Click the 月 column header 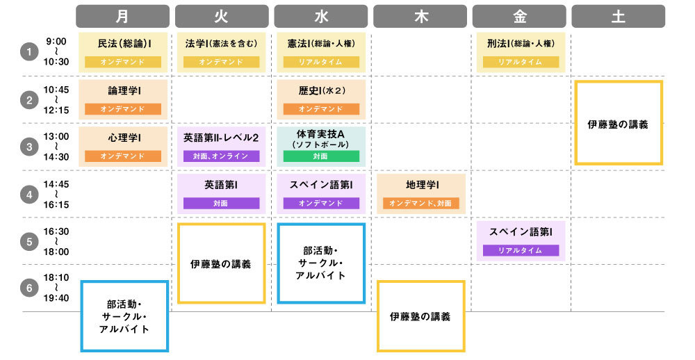click(122, 16)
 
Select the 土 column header click(618, 16)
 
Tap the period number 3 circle click(28, 147)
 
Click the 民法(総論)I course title click(122, 44)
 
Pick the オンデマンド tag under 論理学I click(122, 109)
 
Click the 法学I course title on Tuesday click(221, 44)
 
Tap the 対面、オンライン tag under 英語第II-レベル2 click(221, 156)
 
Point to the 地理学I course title click(420, 186)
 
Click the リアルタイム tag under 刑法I click(519, 62)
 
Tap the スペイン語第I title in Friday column click(519, 231)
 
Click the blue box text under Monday click(125, 316)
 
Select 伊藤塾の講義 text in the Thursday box click(420, 316)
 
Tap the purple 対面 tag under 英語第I click(221, 204)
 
